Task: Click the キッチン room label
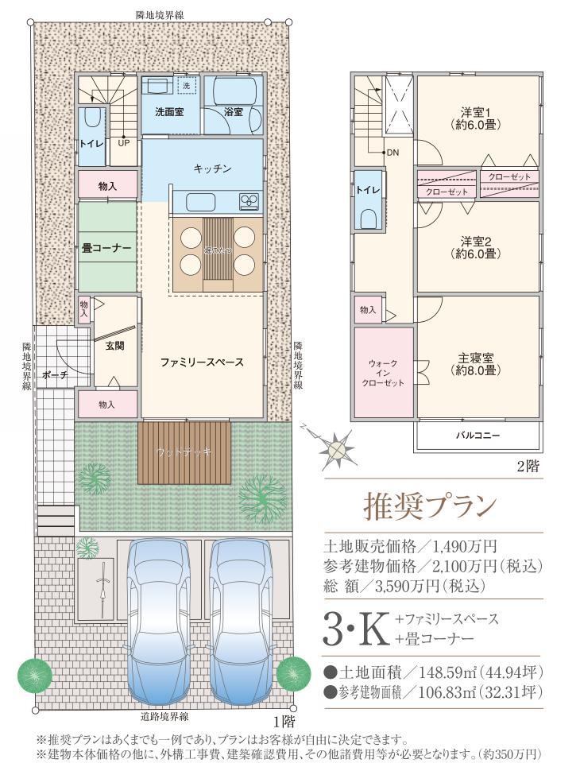click(x=212, y=169)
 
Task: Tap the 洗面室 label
click(x=169, y=113)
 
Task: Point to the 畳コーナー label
click(x=107, y=248)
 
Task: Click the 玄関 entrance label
click(x=114, y=346)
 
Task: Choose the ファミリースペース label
click(x=201, y=362)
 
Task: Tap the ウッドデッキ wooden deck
click(x=184, y=452)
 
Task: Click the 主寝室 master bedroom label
click(x=478, y=364)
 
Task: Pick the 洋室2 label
click(x=478, y=248)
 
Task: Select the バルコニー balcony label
click(x=478, y=436)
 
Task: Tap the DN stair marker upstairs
click(x=392, y=153)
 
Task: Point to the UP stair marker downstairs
click(x=124, y=144)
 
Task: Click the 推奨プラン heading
click(x=430, y=505)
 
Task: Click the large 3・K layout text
click(x=357, y=630)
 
